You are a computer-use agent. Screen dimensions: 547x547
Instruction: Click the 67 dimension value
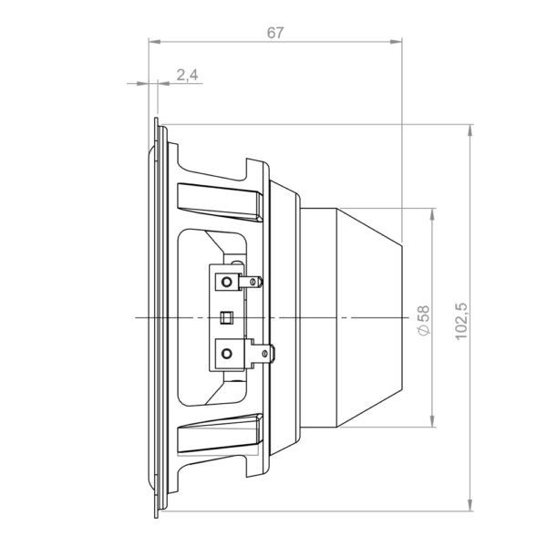275,33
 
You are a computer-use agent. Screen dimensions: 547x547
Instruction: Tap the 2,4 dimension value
187,75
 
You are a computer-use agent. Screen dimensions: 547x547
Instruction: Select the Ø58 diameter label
424,320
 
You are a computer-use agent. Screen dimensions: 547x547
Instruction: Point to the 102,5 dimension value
461,321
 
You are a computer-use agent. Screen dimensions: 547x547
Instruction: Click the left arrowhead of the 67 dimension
155,42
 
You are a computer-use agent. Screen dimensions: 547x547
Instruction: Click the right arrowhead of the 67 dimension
396,42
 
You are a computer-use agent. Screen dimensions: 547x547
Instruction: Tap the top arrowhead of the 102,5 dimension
470,130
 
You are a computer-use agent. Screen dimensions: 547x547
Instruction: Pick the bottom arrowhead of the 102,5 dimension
470,505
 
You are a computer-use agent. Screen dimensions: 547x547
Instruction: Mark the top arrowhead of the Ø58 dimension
432,214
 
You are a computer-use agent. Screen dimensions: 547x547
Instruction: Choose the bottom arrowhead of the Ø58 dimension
432,421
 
